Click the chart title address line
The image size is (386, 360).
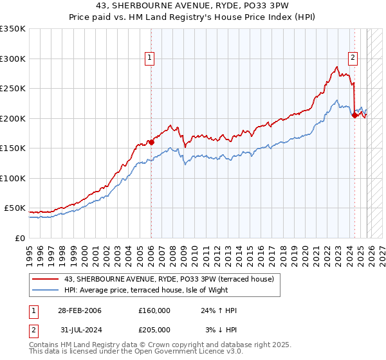(192, 6)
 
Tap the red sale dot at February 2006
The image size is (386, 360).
(151, 143)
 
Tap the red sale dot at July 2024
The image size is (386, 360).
(354, 116)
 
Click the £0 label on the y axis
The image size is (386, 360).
(19, 238)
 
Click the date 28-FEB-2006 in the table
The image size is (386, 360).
(80, 310)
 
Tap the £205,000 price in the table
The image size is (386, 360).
(154, 329)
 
